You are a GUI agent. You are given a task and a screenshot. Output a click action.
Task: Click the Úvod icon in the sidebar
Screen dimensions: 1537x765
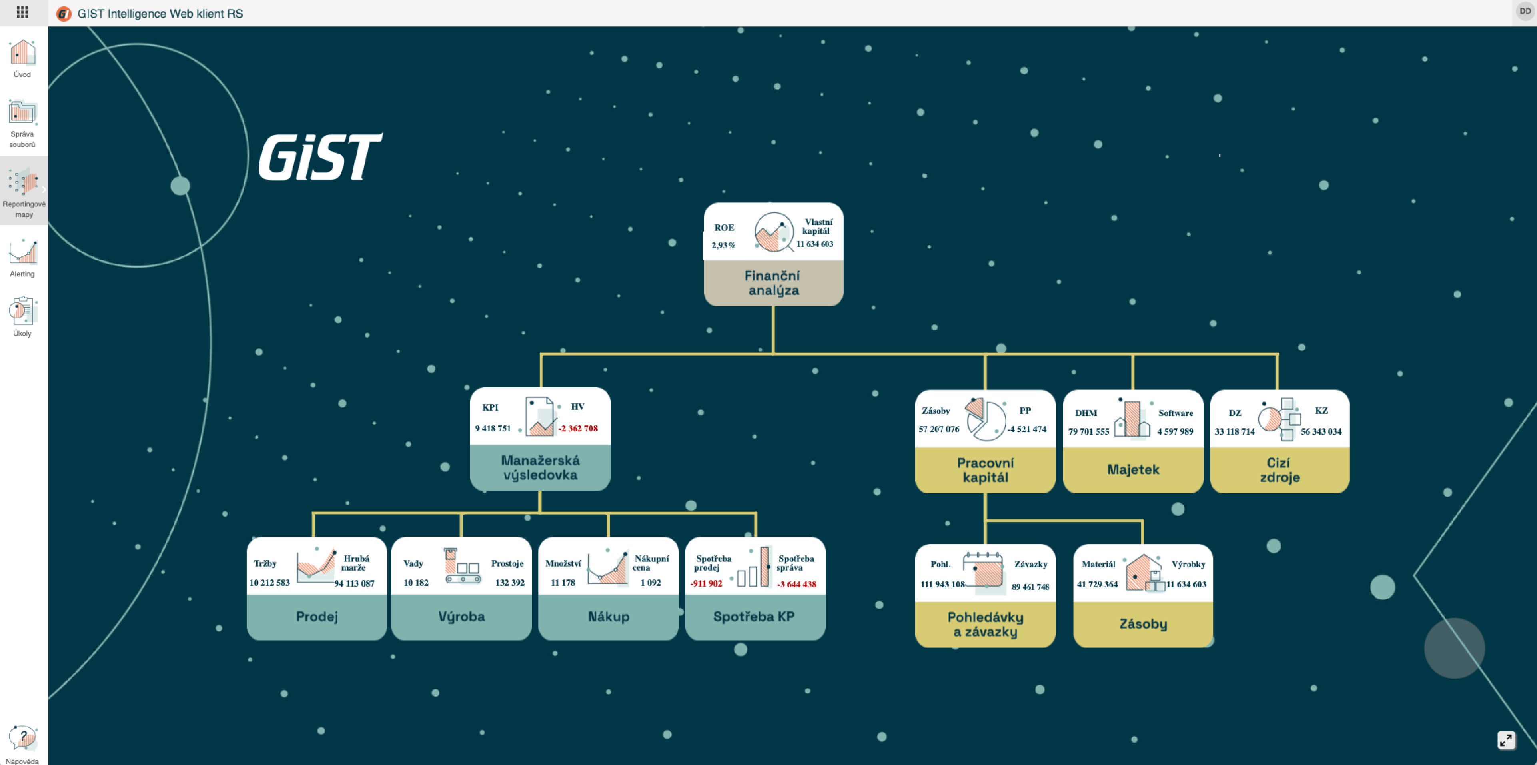pos(23,52)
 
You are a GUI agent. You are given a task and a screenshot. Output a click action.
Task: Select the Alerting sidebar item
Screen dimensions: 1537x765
pos(23,252)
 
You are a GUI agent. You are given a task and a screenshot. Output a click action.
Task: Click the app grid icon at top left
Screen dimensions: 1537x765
pos(22,12)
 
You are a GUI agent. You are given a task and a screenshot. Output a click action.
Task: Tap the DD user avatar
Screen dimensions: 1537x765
pos(1525,11)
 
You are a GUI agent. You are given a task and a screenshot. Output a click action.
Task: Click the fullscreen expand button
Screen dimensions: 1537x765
pos(1506,740)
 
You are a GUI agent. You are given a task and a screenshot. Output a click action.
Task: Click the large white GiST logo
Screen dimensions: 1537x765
pos(320,156)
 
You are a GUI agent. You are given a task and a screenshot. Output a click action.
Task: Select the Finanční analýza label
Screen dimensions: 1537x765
pos(773,283)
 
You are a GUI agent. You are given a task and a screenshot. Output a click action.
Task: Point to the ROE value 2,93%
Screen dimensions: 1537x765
pos(723,245)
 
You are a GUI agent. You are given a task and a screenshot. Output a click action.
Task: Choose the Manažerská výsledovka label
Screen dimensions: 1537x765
pos(540,468)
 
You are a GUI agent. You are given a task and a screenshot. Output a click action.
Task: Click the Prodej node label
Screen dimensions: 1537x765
pos(317,616)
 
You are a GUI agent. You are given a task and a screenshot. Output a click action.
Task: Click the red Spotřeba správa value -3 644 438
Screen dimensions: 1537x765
pos(796,584)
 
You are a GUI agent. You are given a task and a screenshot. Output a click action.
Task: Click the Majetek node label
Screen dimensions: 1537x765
pos(1133,469)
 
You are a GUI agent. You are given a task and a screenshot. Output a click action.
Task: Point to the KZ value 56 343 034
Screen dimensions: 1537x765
pos(1321,431)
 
